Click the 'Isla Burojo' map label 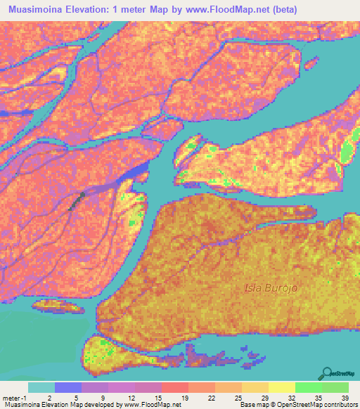(270, 287)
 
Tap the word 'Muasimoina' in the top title (39, 10)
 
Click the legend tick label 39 (345, 398)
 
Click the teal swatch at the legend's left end (41, 387)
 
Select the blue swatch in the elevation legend (68, 387)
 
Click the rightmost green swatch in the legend (335, 387)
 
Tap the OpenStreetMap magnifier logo (328, 373)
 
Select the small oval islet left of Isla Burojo (54, 305)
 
